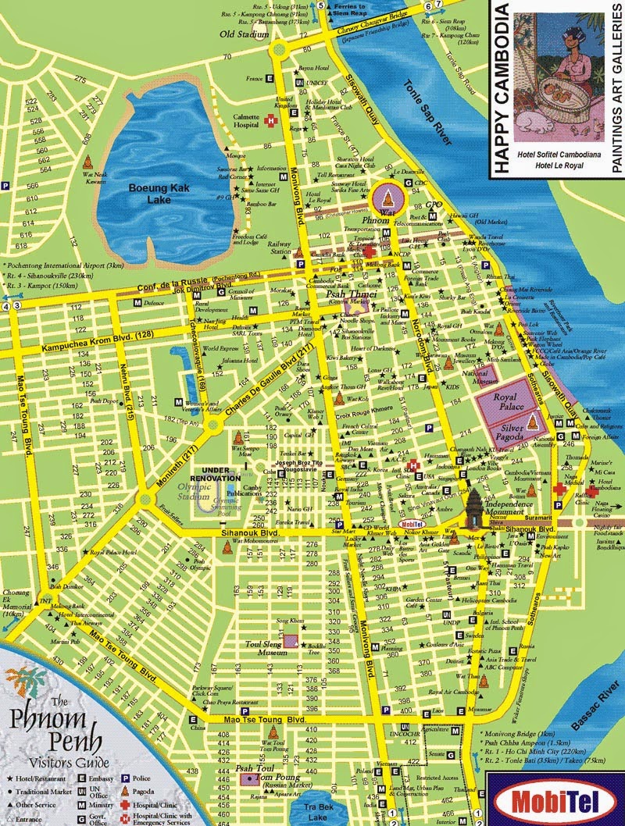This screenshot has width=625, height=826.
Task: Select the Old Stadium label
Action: click(238, 35)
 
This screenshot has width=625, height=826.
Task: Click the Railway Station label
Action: click(279, 247)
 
